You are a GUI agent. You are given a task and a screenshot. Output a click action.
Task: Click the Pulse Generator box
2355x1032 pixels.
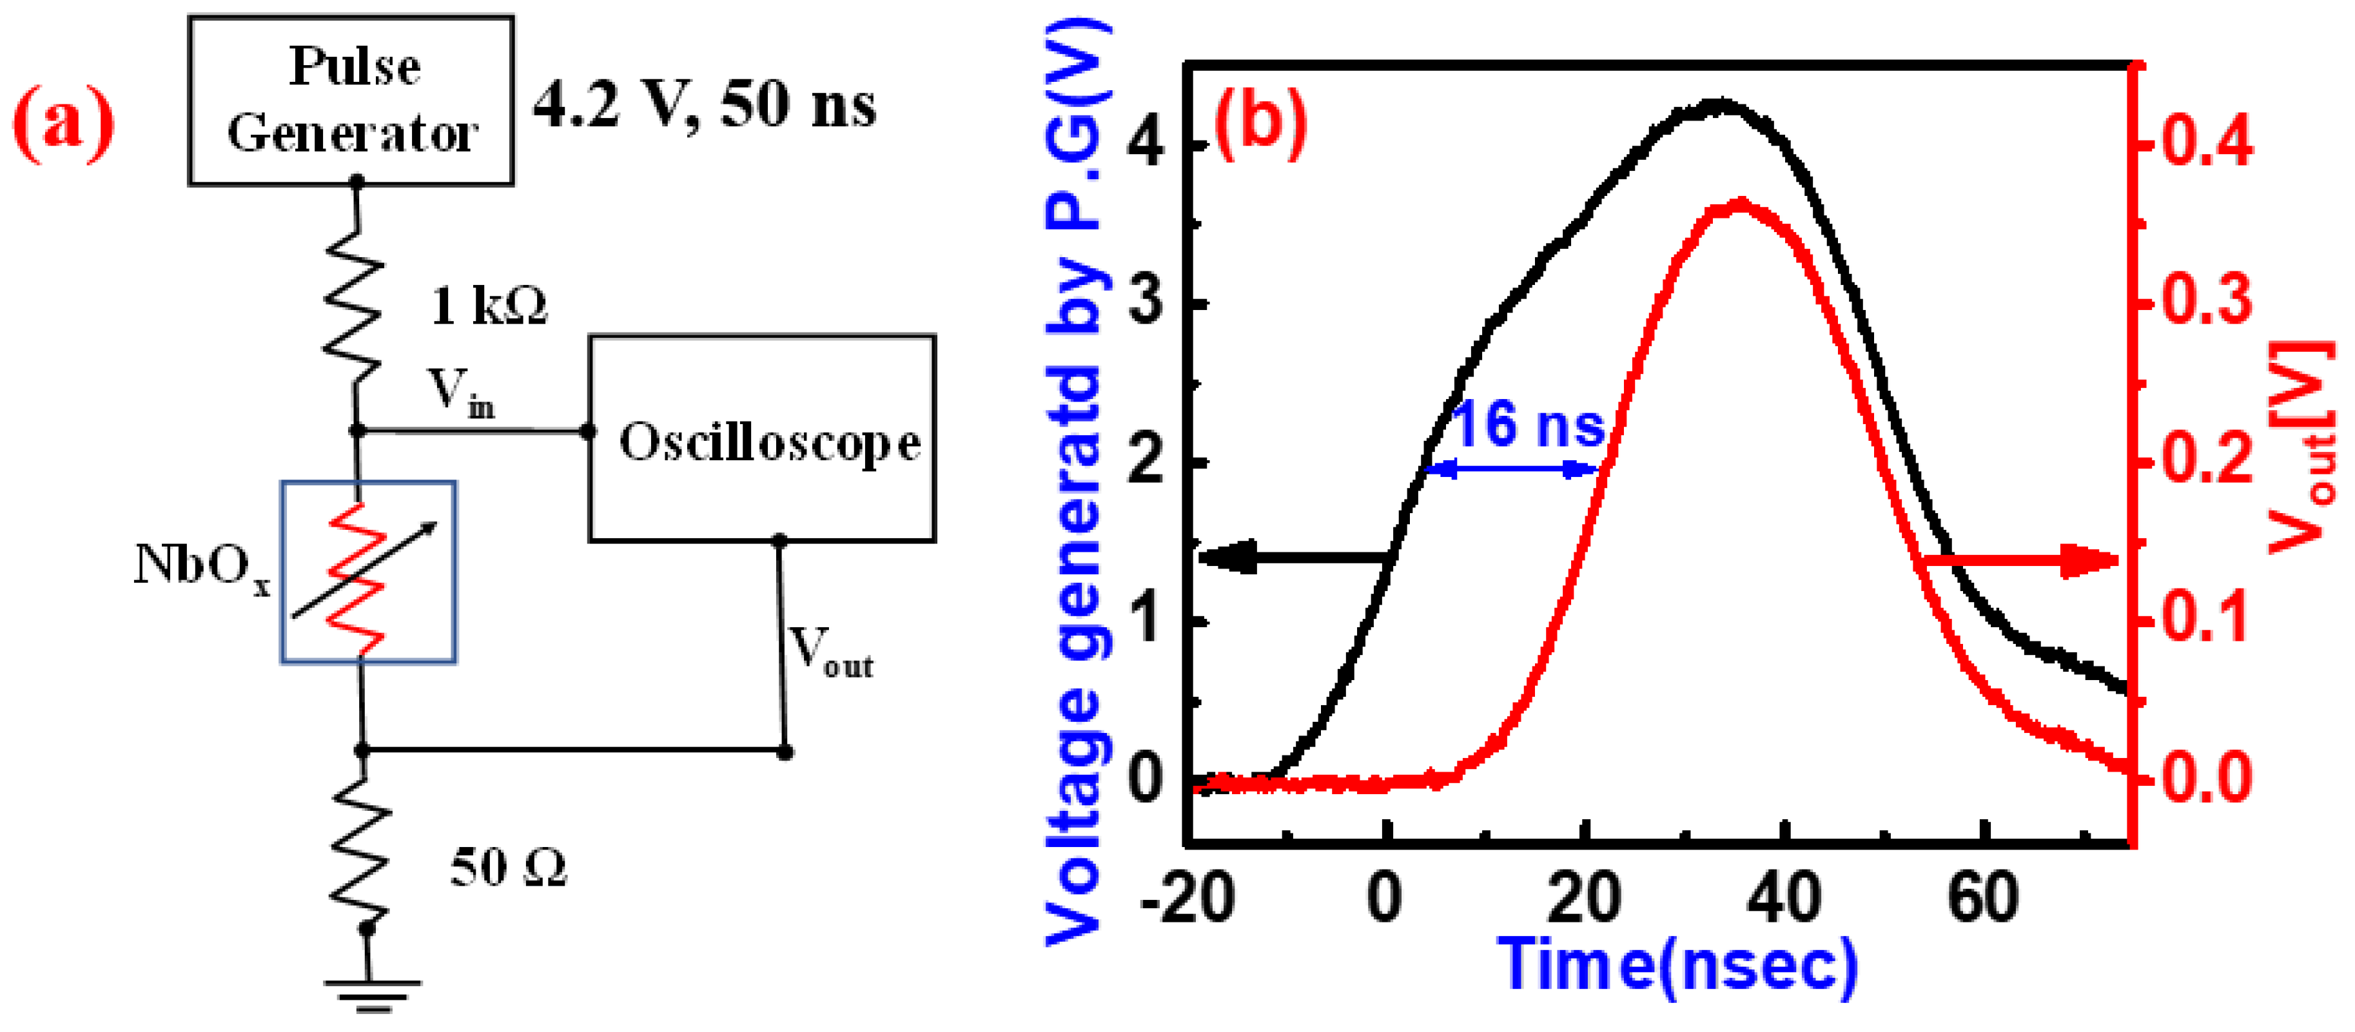click(x=351, y=101)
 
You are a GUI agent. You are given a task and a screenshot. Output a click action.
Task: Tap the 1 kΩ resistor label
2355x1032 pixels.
click(x=489, y=306)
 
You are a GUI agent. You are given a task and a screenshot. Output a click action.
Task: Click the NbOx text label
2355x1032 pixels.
click(x=202, y=567)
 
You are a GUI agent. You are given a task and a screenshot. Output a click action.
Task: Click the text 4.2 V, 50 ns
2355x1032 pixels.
click(x=705, y=104)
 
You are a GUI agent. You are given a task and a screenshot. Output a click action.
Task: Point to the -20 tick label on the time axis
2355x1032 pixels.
click(x=1187, y=898)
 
